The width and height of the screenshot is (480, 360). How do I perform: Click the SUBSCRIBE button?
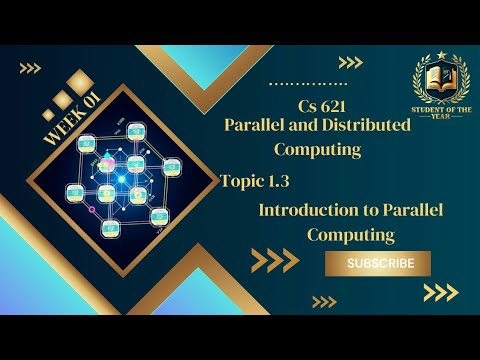tap(379, 263)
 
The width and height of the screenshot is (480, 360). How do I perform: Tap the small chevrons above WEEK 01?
tap(30, 68)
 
